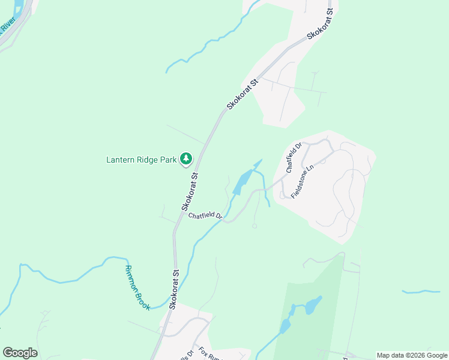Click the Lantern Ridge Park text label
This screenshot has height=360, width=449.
(x=142, y=160)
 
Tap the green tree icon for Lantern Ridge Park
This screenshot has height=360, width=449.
(x=187, y=159)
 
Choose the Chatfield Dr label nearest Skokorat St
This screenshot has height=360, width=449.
(x=205, y=215)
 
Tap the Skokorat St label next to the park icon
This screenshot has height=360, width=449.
(x=190, y=192)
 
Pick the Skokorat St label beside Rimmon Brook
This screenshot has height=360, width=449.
(x=174, y=289)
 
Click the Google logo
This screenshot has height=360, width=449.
(x=20, y=353)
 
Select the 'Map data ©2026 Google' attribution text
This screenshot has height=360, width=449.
(x=411, y=355)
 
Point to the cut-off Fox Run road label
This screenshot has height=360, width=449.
(x=211, y=353)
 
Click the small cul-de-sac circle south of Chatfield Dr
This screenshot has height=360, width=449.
(x=255, y=226)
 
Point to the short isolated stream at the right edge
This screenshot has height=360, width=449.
(x=421, y=292)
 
